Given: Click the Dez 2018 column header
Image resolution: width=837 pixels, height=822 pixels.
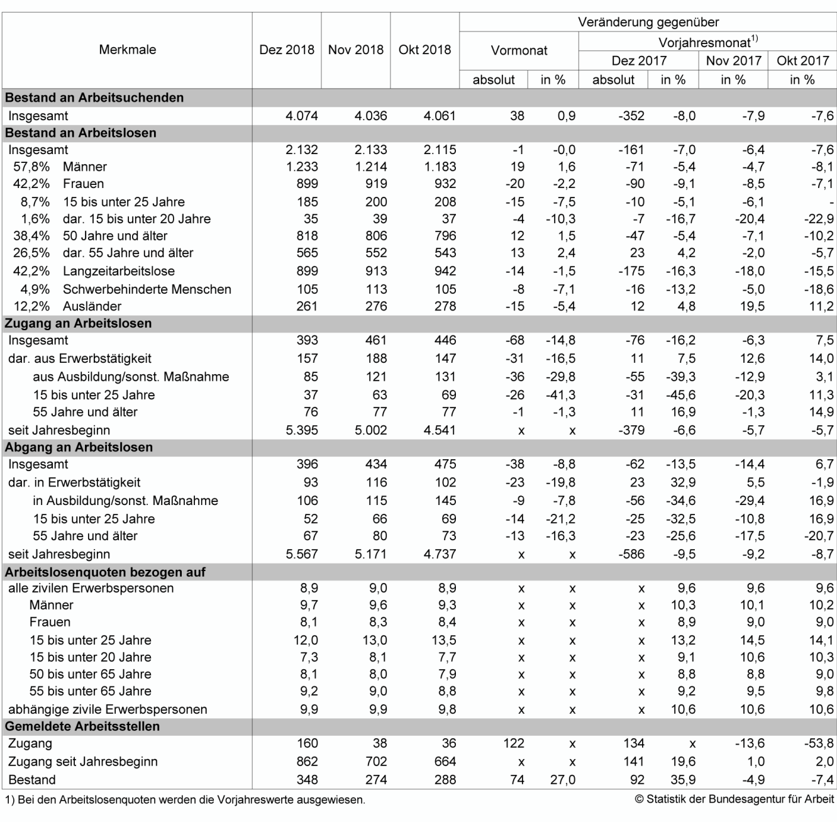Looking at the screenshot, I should click(x=286, y=50).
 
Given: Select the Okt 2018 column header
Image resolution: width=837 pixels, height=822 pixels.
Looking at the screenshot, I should click(x=424, y=50).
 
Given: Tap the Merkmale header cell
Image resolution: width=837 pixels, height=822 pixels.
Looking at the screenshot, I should click(x=127, y=50).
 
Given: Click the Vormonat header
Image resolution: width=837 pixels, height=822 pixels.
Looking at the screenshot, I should click(x=519, y=50).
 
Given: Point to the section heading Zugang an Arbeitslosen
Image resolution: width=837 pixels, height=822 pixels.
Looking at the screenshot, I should click(x=78, y=323).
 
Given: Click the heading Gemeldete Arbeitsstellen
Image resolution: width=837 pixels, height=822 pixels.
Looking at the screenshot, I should click(x=82, y=726).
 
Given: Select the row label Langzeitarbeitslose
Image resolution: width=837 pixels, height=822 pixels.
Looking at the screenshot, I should click(x=118, y=271).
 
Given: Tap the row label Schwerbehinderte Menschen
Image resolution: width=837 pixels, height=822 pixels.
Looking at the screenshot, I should click(x=147, y=289).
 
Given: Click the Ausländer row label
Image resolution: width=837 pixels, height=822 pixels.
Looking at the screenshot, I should click(x=92, y=306).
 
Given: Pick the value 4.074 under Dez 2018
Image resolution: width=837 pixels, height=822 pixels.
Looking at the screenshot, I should click(x=301, y=116).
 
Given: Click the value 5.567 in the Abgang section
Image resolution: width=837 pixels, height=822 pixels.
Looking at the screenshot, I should click(x=301, y=554).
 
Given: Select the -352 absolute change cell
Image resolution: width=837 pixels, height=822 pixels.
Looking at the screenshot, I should click(x=631, y=116).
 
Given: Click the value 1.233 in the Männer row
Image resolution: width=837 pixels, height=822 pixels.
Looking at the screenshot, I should click(x=301, y=167).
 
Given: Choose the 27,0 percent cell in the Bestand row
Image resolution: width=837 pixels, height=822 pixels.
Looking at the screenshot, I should click(x=562, y=780).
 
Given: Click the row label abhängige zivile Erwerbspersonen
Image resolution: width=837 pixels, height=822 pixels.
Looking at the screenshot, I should click(x=108, y=709).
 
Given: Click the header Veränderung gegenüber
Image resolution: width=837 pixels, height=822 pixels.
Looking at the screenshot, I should click(x=648, y=22).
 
